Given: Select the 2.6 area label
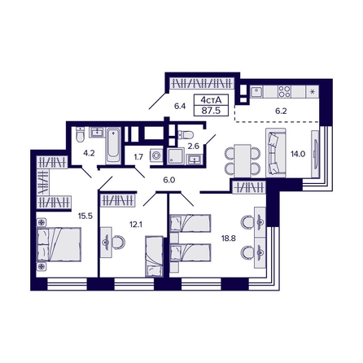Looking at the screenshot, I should click(194, 147).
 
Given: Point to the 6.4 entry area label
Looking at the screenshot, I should click(180, 105).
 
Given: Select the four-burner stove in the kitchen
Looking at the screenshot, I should click(285, 90).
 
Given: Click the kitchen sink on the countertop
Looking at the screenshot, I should click(257, 90).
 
